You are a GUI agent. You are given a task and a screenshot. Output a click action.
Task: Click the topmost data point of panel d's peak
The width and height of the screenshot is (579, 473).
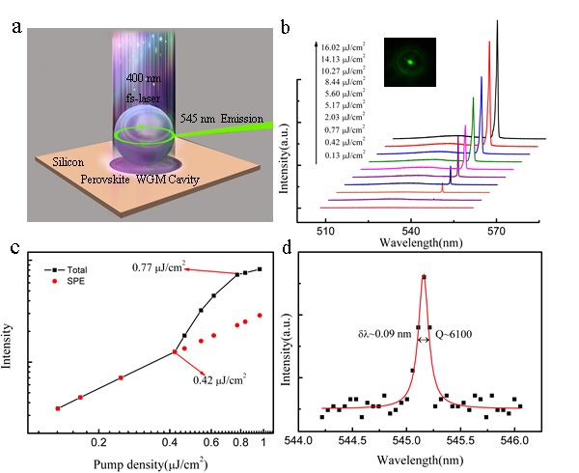coord(423,278)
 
